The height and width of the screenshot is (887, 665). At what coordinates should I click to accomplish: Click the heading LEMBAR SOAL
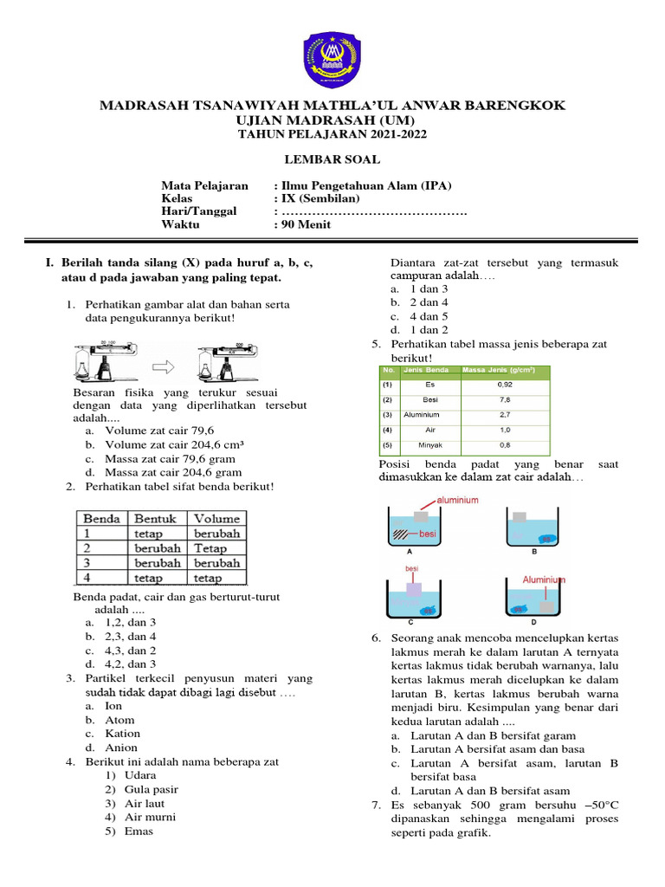click(x=332, y=159)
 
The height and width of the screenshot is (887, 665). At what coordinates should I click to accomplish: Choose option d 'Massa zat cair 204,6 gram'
click(x=172, y=472)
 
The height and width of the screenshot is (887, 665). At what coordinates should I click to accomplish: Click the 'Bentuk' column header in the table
click(x=156, y=518)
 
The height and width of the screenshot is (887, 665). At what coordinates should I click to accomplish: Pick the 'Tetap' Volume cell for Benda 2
click(x=210, y=548)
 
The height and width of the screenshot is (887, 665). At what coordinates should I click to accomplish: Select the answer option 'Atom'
click(x=119, y=720)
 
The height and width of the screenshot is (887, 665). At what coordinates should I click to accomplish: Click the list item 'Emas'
click(x=139, y=831)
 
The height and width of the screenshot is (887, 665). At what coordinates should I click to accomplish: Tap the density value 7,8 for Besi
click(x=504, y=399)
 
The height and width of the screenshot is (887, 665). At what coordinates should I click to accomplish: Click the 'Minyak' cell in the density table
click(x=429, y=446)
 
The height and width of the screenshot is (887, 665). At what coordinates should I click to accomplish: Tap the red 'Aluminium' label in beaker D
click(x=544, y=579)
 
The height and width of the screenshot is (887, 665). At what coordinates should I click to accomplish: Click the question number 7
click(x=377, y=806)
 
